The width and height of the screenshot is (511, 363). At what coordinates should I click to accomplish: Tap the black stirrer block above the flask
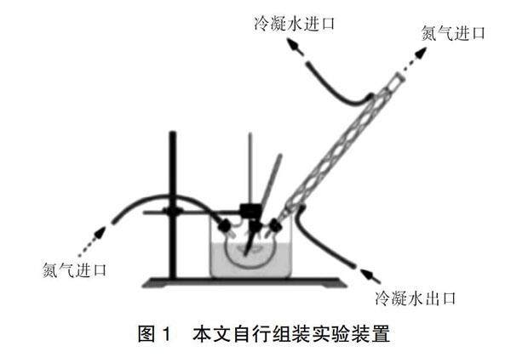pos(250,209)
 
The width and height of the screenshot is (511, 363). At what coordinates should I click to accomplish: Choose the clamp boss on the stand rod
pos(172,212)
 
